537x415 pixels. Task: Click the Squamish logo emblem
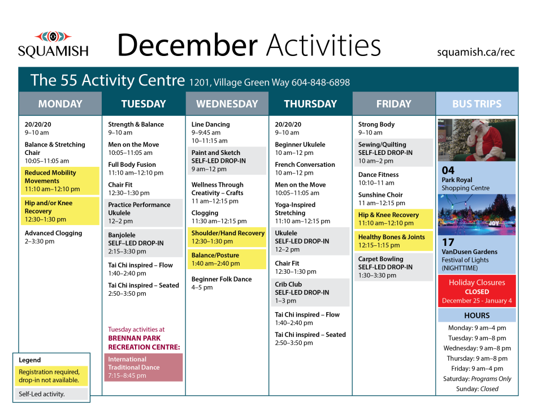point(53,36)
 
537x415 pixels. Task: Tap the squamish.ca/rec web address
point(475,52)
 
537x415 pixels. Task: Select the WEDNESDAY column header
point(227,104)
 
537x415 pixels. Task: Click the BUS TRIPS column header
point(477,104)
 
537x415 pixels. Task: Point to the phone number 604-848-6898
point(321,83)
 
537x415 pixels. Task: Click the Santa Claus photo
point(477,140)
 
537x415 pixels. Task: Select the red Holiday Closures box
point(477,291)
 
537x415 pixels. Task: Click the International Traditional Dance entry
point(143,367)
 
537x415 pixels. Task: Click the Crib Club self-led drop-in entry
point(310,292)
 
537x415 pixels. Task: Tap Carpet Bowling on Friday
point(393,267)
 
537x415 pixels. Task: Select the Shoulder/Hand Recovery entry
point(227,237)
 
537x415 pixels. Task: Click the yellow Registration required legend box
point(51,376)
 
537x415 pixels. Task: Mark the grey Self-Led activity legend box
point(51,394)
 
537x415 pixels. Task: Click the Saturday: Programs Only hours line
point(477,379)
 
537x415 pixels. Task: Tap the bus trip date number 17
point(448,242)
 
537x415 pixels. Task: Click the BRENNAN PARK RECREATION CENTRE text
point(144,343)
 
